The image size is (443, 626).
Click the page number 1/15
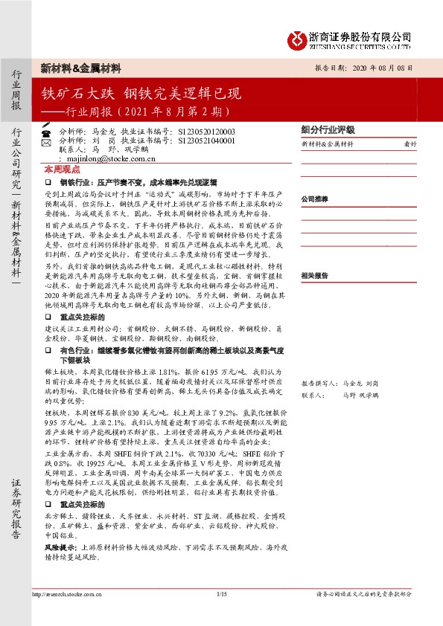pyautogui.click(x=221, y=593)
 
